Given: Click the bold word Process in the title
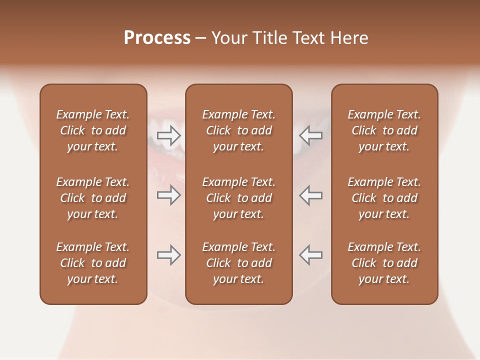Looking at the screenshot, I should [157, 38].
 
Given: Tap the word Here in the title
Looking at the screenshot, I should [348, 38].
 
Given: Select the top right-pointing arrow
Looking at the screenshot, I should [168, 135].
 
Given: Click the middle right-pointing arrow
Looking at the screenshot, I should [168, 195].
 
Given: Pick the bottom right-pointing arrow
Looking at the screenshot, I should [168, 255].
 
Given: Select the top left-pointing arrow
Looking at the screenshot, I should [311, 135].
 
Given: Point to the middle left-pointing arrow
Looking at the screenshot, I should [311, 195].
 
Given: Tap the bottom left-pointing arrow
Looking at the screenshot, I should [311, 255].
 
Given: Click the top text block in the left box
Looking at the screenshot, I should [93, 130].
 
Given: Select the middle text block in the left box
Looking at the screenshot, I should [93, 198].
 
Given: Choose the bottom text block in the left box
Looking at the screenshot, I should [93, 263].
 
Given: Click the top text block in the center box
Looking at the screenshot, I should [238, 130].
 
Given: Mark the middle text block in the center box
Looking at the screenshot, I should [238, 198].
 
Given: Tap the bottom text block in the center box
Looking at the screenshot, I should [238, 263].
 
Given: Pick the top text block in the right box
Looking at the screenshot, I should [384, 130].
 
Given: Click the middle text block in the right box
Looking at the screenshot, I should [384, 198].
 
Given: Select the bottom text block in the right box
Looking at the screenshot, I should [384, 263].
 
